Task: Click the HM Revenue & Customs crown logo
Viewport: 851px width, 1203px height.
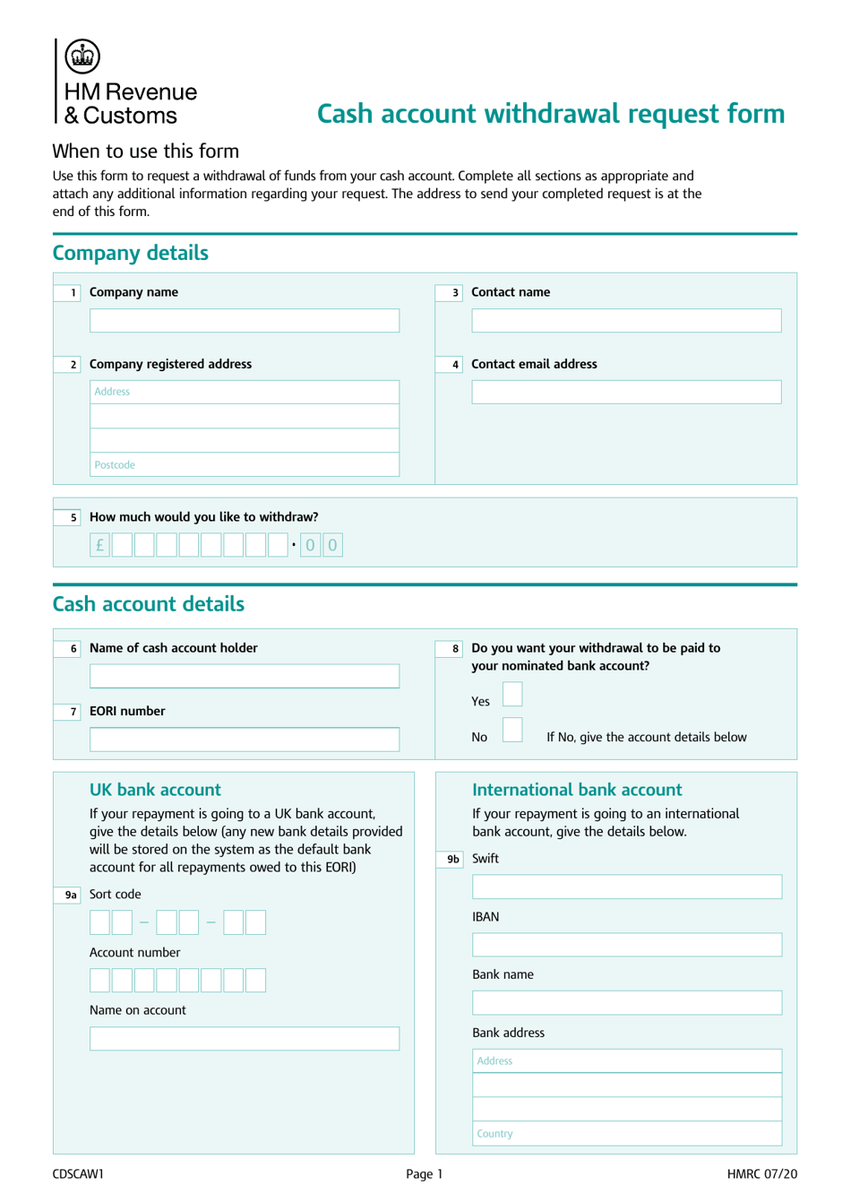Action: coord(82,56)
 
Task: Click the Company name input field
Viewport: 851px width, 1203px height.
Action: coord(244,321)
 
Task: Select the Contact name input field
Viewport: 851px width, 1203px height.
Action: coord(626,321)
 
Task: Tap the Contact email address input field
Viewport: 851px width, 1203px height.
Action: coord(626,392)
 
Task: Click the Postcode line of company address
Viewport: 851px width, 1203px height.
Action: coord(244,464)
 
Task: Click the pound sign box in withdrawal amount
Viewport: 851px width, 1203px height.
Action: coord(99,545)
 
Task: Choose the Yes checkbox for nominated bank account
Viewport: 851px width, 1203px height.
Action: coord(512,695)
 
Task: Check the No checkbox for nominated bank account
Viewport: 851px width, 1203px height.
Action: coord(512,730)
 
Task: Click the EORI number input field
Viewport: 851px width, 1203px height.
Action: coord(244,740)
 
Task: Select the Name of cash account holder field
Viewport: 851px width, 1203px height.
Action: coord(244,676)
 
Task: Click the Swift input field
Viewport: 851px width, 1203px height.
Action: coord(626,887)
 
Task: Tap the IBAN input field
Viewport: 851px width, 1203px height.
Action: coord(626,945)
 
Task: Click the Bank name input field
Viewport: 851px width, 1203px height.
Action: coord(626,1003)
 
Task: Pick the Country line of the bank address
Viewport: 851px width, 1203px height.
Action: coord(626,1133)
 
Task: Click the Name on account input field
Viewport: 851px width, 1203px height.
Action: coord(244,1038)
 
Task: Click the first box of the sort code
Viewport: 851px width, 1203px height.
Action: coord(99,922)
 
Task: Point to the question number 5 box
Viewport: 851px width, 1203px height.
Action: coord(69,517)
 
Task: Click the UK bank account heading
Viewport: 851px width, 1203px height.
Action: coord(155,790)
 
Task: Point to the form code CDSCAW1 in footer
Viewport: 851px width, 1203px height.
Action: coord(78,1173)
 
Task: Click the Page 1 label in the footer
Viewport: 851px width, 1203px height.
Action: coord(424,1173)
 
